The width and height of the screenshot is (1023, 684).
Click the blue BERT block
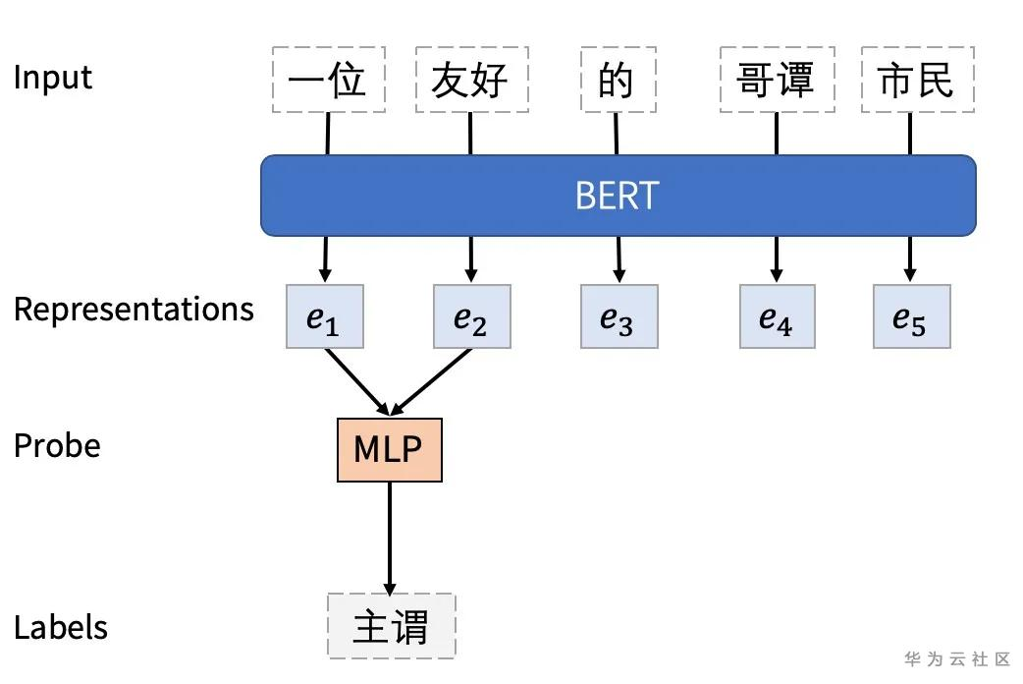[x=618, y=196]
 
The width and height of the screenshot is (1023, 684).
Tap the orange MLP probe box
[x=390, y=450]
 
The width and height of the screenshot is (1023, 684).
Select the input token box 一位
[x=329, y=80]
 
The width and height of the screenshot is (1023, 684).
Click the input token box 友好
[x=471, y=80]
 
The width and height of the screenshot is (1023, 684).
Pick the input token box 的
[x=619, y=80]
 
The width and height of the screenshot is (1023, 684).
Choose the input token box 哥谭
[x=777, y=80]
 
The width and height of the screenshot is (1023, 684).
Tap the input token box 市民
[x=918, y=80]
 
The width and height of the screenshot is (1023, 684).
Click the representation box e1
[x=325, y=316]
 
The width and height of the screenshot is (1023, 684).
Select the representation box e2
[x=472, y=316]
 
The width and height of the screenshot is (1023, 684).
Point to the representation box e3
[x=619, y=316]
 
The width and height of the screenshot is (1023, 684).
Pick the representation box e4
[x=777, y=316]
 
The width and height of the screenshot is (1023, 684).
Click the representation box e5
[x=912, y=316]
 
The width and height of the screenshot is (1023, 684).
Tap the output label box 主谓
[x=392, y=626]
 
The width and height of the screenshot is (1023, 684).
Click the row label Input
[x=53, y=77]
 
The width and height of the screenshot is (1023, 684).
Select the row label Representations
[x=134, y=309]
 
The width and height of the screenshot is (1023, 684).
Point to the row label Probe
[x=57, y=446]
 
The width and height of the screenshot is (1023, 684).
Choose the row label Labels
[x=61, y=627]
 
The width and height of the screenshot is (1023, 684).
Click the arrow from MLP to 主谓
[x=390, y=539]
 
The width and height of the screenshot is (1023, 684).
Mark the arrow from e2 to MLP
[x=431, y=382]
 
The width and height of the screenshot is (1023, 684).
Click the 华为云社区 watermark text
[x=957, y=658]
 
